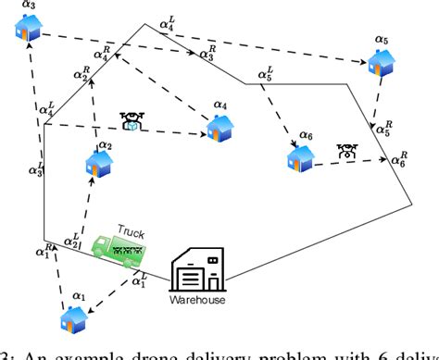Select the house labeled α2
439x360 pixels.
pyautogui.click(x=99, y=166)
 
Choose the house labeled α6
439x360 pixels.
pyautogui.click(x=300, y=157)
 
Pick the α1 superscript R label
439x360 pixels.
pyautogui.click(x=44, y=250)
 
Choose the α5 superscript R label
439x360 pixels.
pyautogui.click(x=380, y=130)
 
